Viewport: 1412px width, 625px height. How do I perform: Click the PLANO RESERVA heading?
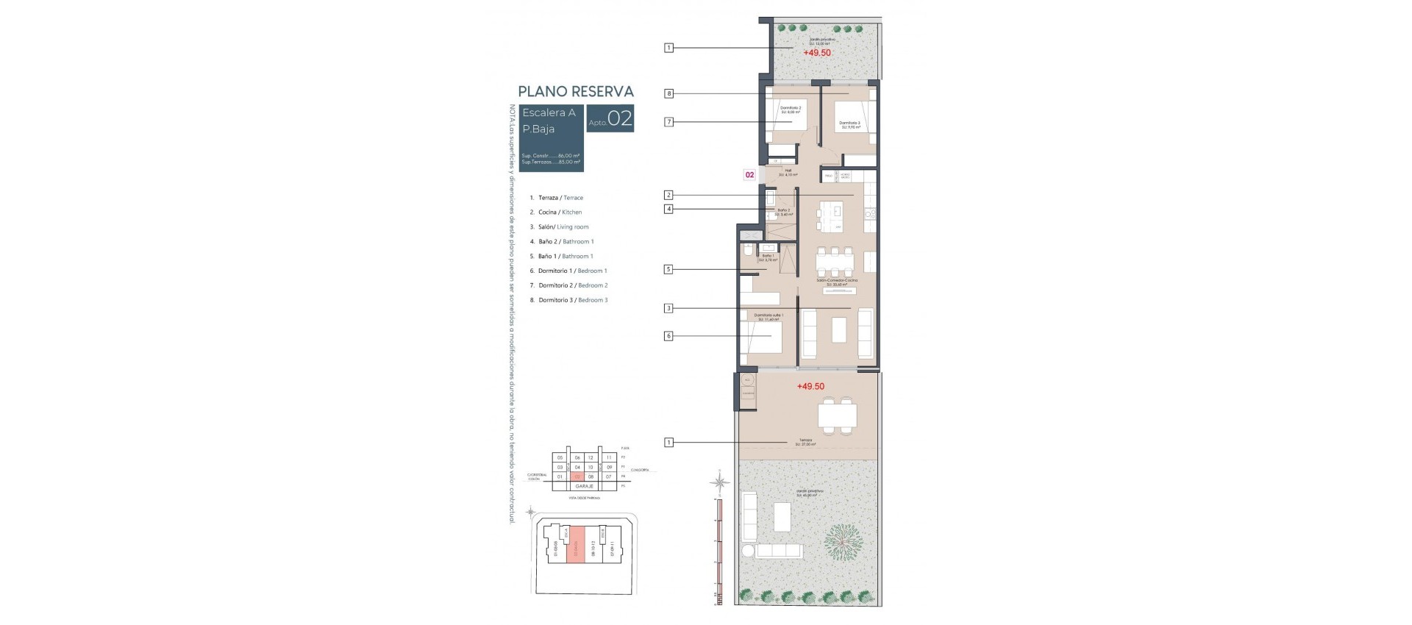pos(575,92)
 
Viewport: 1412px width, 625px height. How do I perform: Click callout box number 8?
pos(668,93)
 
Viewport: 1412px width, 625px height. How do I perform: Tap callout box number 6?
pos(668,336)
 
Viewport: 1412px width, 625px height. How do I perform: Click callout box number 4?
pos(668,209)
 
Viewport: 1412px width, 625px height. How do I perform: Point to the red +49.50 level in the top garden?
pos(816,53)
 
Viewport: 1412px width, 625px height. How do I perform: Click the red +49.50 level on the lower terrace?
pos(810,386)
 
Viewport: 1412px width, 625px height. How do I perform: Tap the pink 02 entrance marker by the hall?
pos(749,175)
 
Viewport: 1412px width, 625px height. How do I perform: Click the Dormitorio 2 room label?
pos(790,110)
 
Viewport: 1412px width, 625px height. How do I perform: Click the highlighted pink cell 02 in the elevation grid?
pos(577,477)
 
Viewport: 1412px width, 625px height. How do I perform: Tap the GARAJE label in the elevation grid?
pos(585,486)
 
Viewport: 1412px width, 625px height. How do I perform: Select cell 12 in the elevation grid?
pos(591,458)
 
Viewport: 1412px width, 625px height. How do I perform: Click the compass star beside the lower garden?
pos(721,482)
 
